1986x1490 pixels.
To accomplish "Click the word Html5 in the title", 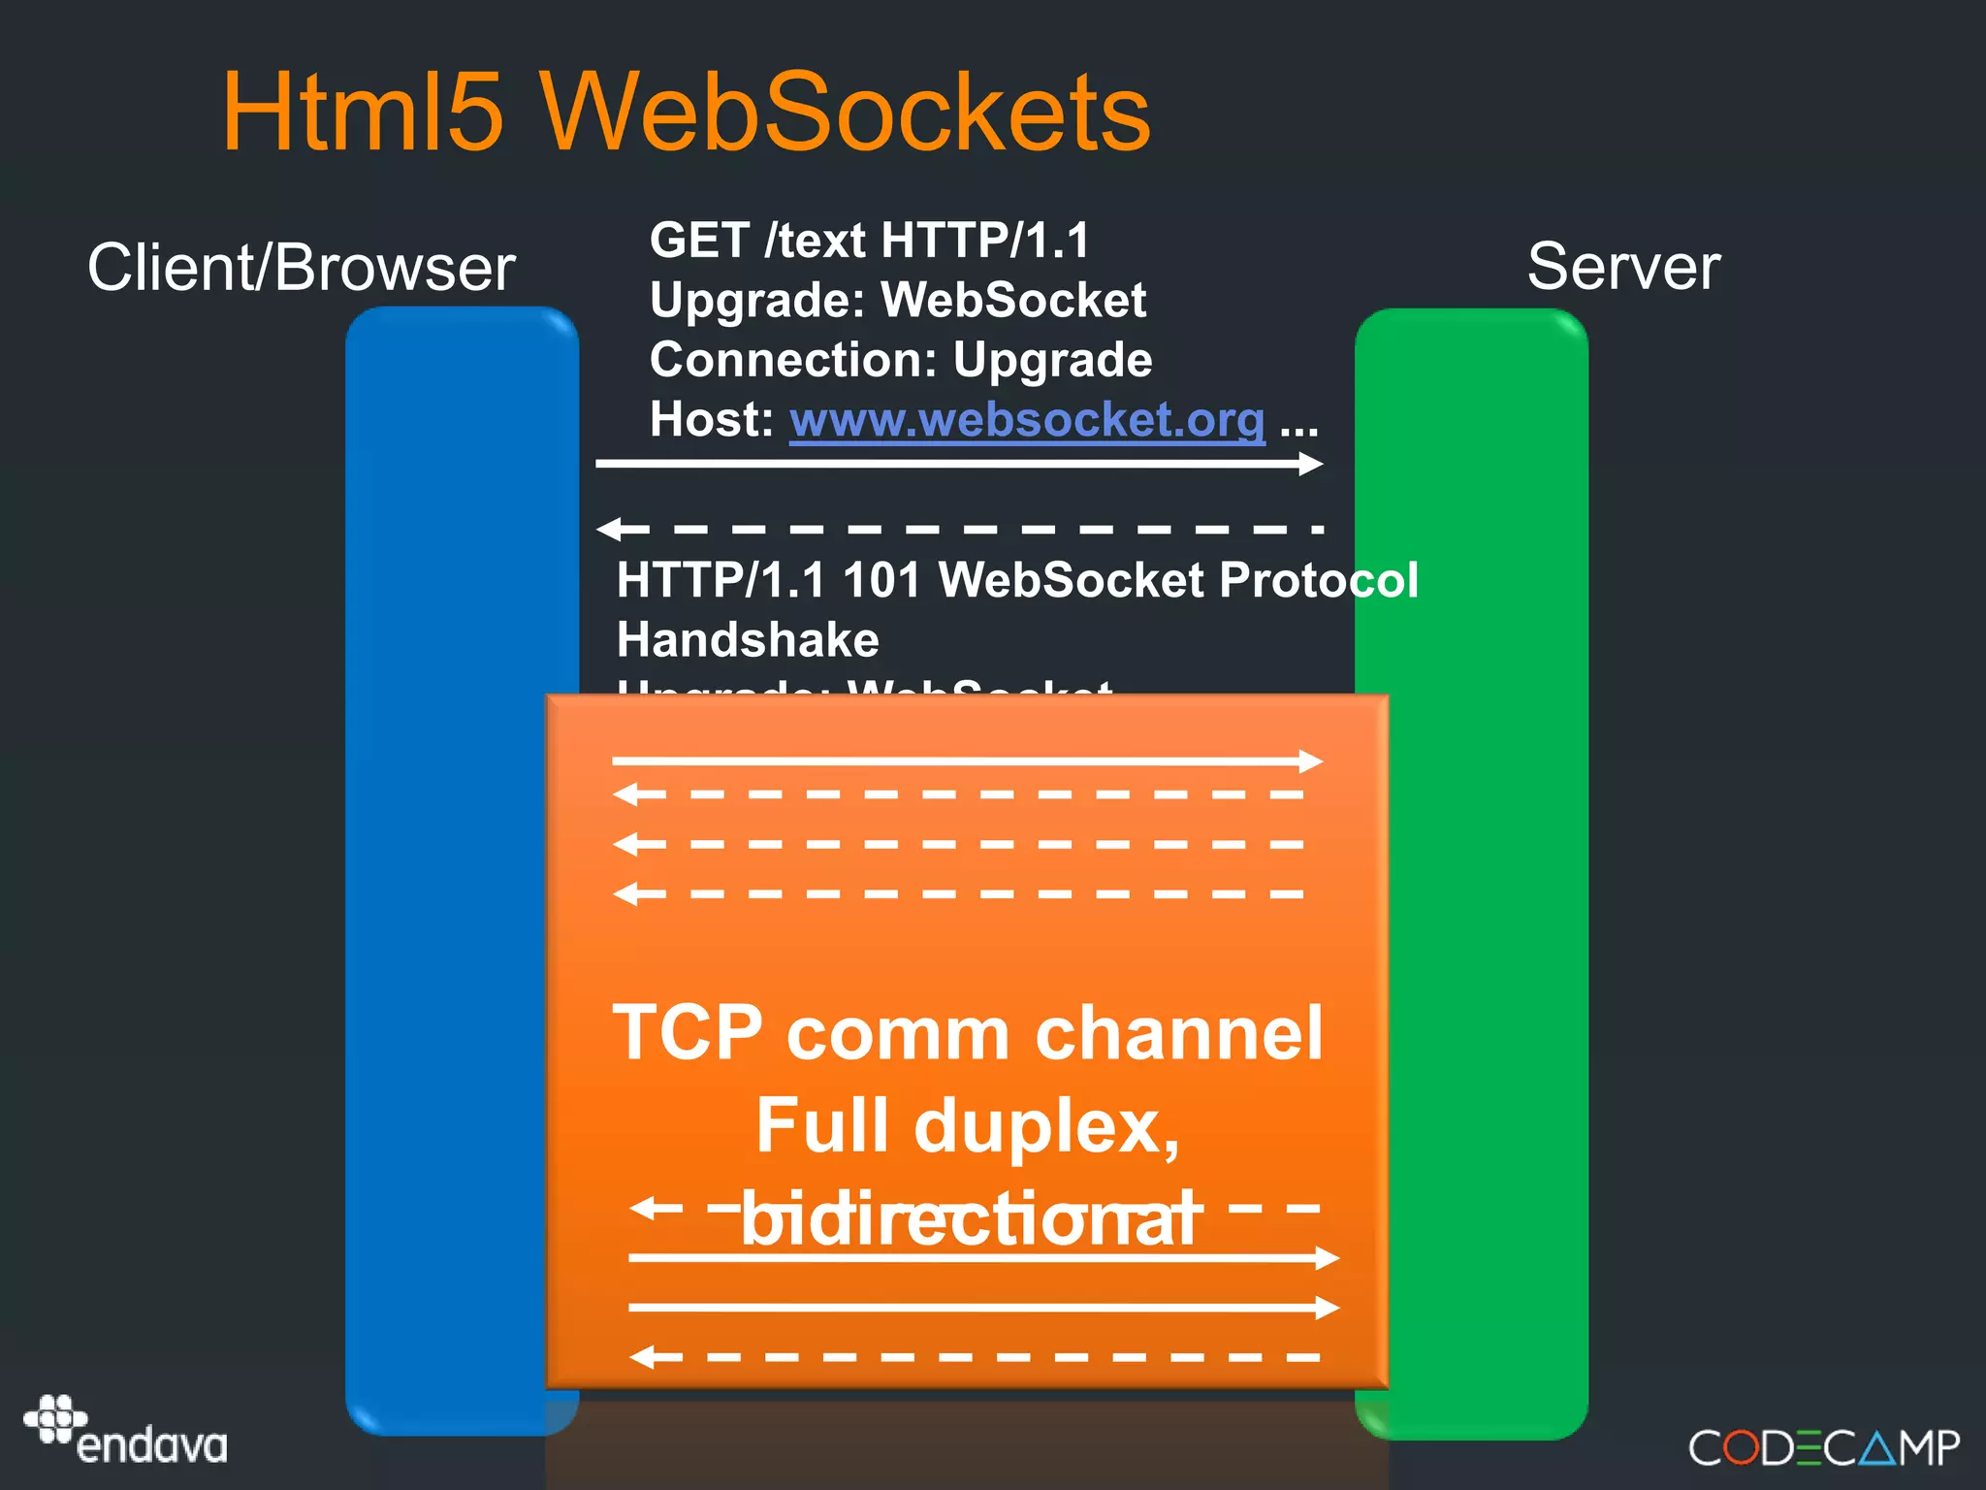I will click(x=363, y=113).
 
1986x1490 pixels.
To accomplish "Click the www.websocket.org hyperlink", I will click(x=1027, y=420).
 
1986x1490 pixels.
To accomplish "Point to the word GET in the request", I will click(x=699, y=240).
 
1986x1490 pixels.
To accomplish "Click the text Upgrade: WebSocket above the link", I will click(x=897, y=300).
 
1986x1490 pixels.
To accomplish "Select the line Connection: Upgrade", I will click(x=900, y=360).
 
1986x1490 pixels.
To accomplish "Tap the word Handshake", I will click(x=748, y=640).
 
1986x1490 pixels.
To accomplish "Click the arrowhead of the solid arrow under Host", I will click(x=1311, y=464).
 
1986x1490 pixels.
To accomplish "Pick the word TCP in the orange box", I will click(x=688, y=1033).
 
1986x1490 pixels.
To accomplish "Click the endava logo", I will click(x=126, y=1431).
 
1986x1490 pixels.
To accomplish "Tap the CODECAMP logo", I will click(x=1823, y=1447).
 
